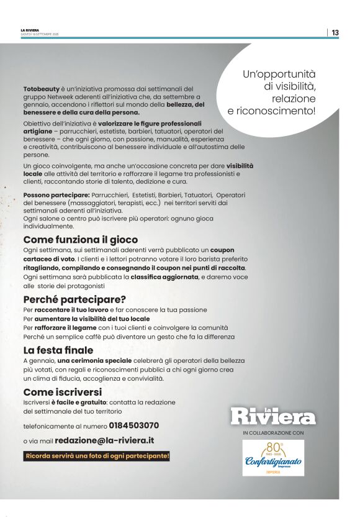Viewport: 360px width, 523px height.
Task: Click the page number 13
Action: pyautogui.click(x=335, y=32)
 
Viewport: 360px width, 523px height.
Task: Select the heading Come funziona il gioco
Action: pyautogui.click(x=81, y=239)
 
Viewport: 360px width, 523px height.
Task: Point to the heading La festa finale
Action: pyautogui.click(x=58, y=350)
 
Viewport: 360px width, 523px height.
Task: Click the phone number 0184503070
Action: pyautogui.click(x=133, y=426)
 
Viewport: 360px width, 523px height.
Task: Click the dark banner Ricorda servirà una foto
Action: pyautogui.click(x=97, y=456)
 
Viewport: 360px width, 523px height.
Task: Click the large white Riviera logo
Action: pyautogui.click(x=273, y=416)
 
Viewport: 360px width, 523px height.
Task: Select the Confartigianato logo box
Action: pyautogui.click(x=273, y=458)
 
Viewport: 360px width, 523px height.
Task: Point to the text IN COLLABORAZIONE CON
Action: pyautogui.click(x=273, y=432)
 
